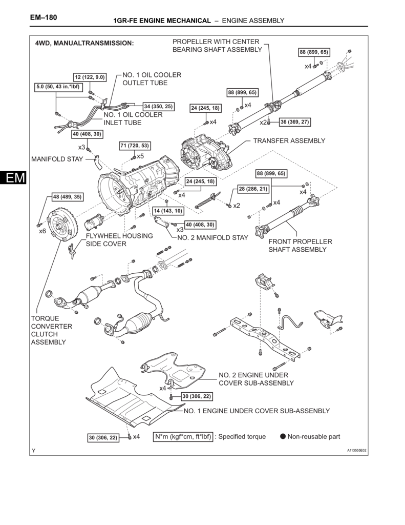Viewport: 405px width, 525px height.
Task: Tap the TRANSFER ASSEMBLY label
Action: (x=289, y=140)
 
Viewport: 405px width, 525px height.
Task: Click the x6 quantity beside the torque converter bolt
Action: (x=43, y=231)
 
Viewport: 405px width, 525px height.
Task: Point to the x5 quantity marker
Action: (x=140, y=156)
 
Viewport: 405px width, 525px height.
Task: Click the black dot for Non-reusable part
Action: (x=282, y=437)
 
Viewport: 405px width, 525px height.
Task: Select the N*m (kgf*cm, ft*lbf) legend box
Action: (x=183, y=437)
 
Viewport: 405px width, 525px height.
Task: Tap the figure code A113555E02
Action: (x=357, y=451)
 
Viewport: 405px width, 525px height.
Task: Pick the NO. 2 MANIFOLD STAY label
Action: (x=212, y=237)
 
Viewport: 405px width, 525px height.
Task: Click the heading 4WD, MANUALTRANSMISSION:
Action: (x=84, y=44)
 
